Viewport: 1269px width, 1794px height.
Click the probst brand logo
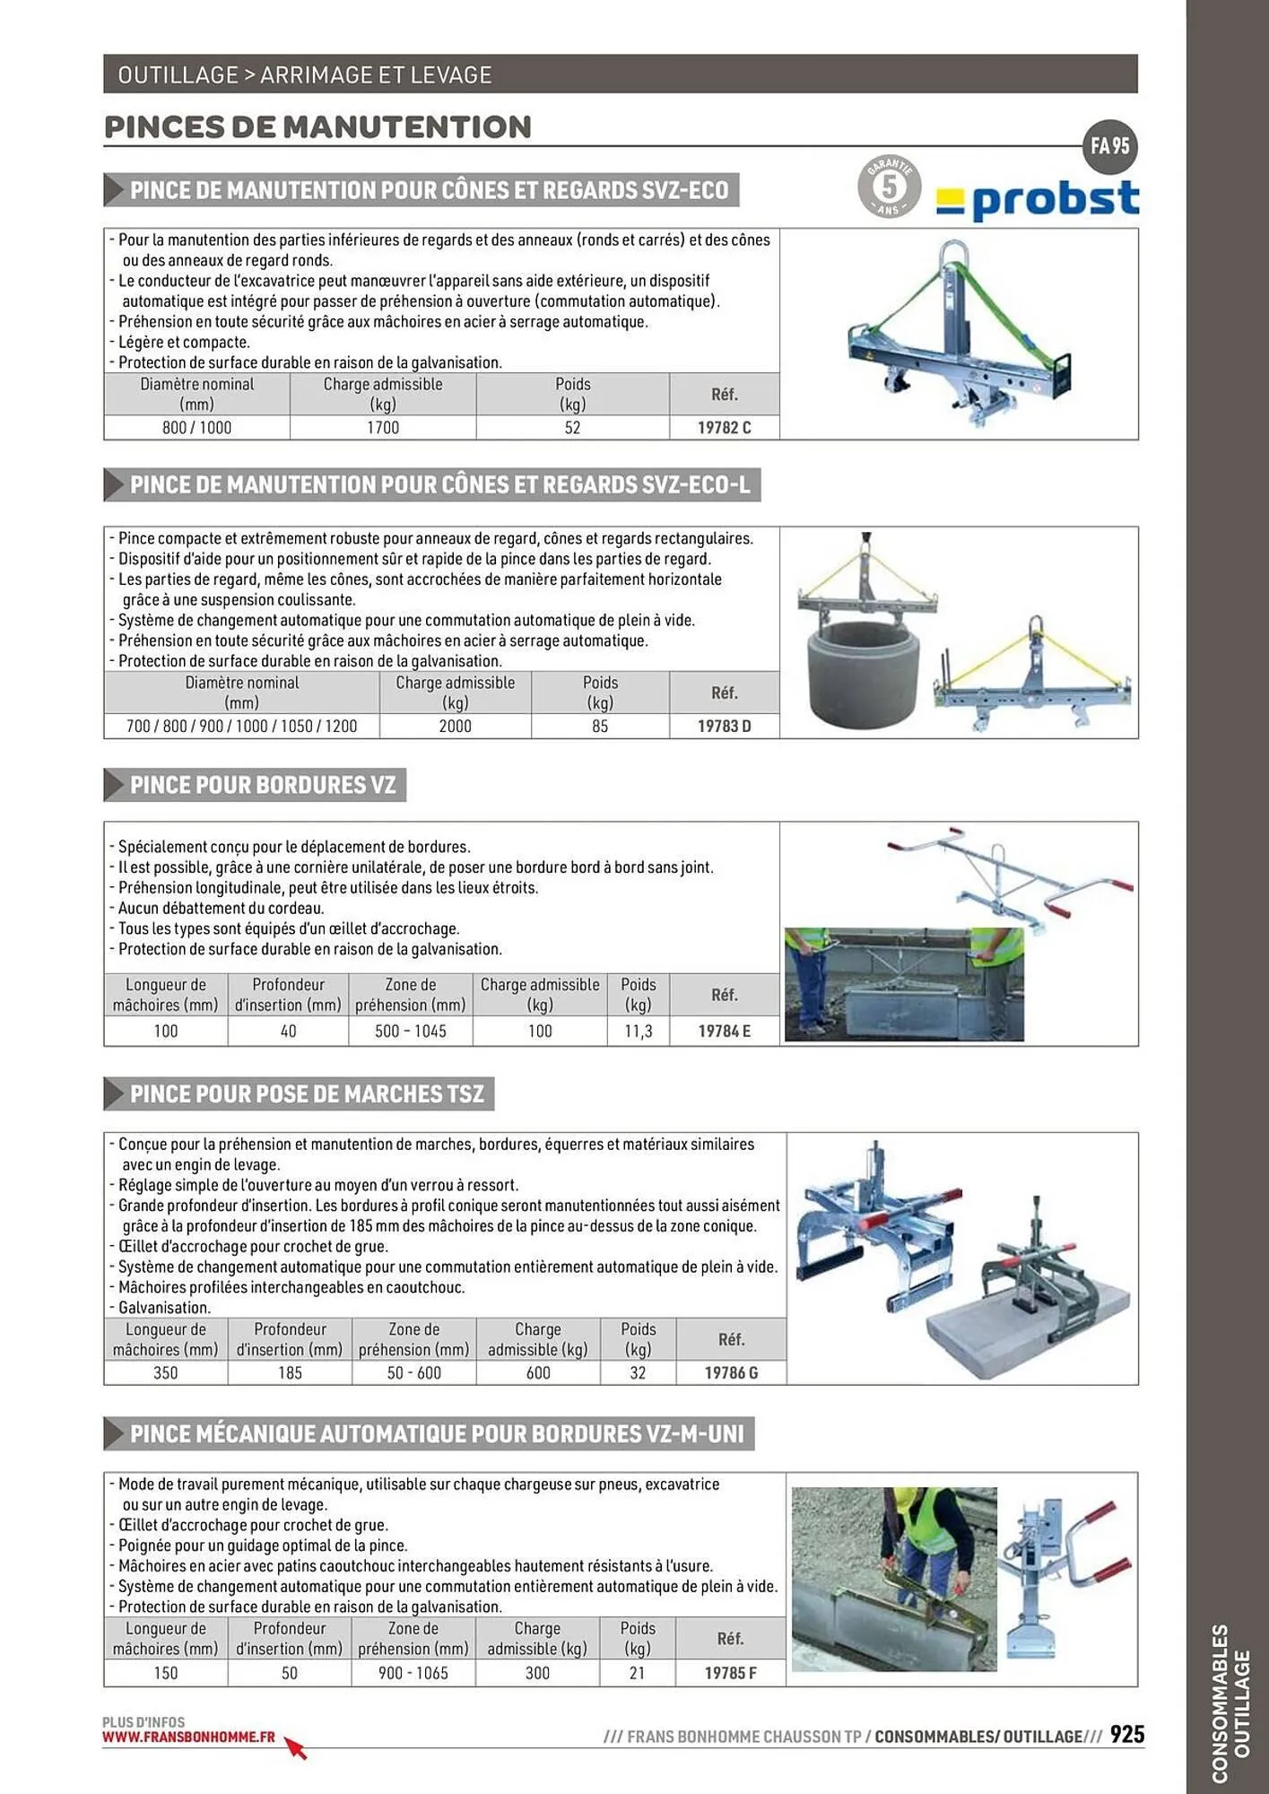coord(1038,199)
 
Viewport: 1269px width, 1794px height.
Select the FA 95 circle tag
coord(1110,146)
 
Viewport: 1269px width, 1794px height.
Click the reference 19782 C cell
coord(724,428)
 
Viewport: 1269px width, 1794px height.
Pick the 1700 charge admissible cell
coord(383,428)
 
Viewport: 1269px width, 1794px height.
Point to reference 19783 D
coord(724,727)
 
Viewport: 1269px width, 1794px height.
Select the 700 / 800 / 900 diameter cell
coord(241,727)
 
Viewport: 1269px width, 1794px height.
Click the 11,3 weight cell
coord(638,1032)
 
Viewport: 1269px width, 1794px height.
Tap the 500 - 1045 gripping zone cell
coord(411,1032)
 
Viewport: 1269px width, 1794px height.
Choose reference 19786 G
coord(731,1373)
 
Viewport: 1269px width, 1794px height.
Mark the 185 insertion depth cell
coord(290,1373)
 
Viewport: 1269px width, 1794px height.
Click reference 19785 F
coord(730,1673)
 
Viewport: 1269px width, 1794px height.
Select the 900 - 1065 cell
coord(413,1673)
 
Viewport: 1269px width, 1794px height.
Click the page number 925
coord(1126,1735)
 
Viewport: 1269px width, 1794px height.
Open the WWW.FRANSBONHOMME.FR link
coord(188,1737)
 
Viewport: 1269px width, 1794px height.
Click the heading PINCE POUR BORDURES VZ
coord(262,785)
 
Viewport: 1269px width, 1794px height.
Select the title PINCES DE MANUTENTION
coord(317,127)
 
